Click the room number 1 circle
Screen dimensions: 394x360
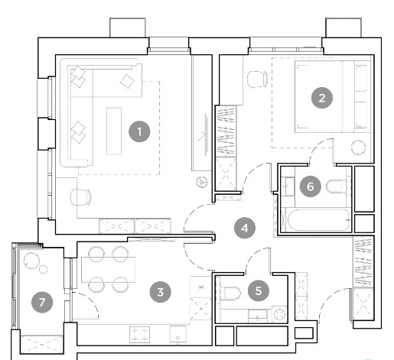pyautogui.click(x=139, y=131)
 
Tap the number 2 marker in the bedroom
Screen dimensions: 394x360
pyautogui.click(x=322, y=98)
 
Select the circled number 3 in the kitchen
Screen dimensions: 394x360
pyautogui.click(x=161, y=292)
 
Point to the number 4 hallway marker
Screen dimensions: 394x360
pyautogui.click(x=245, y=228)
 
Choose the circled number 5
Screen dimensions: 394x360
pyautogui.click(x=259, y=290)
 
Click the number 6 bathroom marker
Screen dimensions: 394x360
pyautogui.click(x=310, y=186)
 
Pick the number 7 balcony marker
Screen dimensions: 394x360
pyautogui.click(x=42, y=303)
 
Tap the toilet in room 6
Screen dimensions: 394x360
pyautogui.click(x=336, y=186)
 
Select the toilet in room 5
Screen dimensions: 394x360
pyautogui.click(x=230, y=293)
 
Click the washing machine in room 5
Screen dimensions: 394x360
pyautogui.click(x=279, y=314)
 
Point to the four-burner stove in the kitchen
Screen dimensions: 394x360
pyautogui.click(x=139, y=335)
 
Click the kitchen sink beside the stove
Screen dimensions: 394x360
pyautogui.click(x=178, y=334)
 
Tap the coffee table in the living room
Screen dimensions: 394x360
pyautogui.click(x=114, y=131)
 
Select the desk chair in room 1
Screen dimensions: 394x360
pyautogui.click(x=80, y=197)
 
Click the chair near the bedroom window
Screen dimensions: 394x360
pyautogui.click(x=258, y=79)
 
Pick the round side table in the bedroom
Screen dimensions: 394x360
pyautogui.click(x=358, y=148)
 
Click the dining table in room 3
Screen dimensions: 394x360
pyautogui.click(x=109, y=270)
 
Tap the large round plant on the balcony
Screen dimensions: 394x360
pyautogui.click(x=32, y=261)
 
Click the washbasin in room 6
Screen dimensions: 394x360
pyautogui.click(x=289, y=186)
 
